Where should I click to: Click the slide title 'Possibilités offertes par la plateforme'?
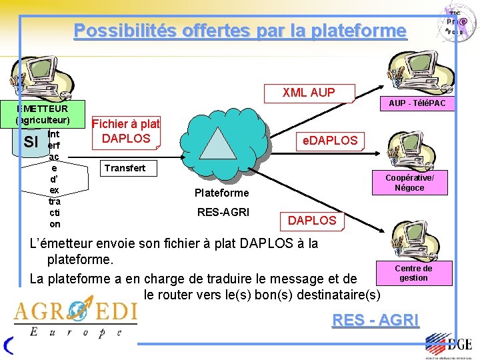239,31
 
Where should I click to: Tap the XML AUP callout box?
308,93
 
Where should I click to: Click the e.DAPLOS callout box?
330,141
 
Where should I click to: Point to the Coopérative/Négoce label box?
409,183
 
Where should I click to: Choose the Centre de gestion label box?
413,273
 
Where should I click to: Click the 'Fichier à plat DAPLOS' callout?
126,131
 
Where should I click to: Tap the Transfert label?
125,168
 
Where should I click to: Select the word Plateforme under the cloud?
221,193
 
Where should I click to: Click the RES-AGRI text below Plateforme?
223,213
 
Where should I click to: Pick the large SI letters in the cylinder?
30,141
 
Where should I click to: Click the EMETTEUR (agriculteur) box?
43,114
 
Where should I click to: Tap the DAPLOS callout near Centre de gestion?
311,220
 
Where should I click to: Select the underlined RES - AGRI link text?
375,320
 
